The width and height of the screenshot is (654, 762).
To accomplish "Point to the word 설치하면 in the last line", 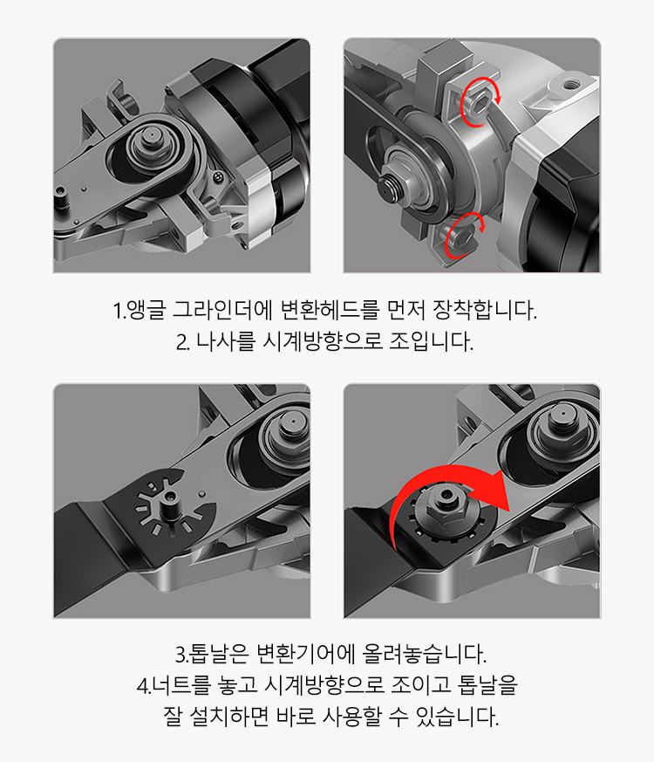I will pyautogui.click(x=241, y=717).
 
